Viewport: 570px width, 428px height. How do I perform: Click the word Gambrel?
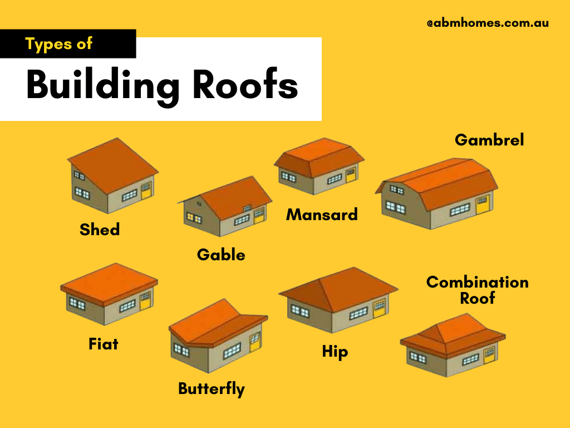[x=489, y=140]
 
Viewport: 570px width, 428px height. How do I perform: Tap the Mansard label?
[x=322, y=214]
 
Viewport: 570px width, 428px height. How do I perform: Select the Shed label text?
[x=100, y=228]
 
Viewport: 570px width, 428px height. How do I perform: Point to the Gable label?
[x=221, y=255]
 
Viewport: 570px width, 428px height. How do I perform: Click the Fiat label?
[x=104, y=344]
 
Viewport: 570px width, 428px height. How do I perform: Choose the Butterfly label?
[x=212, y=388]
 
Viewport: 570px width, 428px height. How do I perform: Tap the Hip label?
[x=335, y=352]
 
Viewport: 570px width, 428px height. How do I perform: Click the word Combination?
[x=477, y=282]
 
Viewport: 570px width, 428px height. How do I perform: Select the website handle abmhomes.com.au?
[x=488, y=23]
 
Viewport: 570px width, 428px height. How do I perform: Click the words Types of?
[x=59, y=44]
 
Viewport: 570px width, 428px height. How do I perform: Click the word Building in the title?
[x=103, y=86]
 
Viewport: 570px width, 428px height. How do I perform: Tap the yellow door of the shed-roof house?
[x=146, y=191]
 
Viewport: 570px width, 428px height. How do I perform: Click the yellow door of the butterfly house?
[x=254, y=342]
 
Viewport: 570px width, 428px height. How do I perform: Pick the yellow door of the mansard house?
[x=350, y=175]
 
